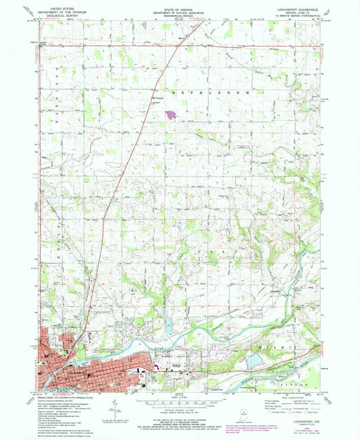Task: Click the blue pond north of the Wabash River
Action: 253,363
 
